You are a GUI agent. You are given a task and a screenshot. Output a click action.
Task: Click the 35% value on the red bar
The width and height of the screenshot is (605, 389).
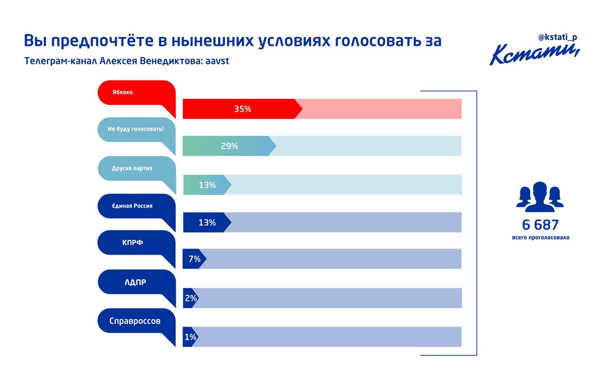click(242, 109)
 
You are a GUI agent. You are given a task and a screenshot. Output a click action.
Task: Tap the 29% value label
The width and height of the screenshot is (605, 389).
click(229, 146)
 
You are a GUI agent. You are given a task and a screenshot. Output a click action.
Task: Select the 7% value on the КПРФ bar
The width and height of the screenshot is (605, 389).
click(194, 259)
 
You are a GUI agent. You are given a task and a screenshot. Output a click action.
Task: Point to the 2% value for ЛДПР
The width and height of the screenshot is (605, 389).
click(190, 298)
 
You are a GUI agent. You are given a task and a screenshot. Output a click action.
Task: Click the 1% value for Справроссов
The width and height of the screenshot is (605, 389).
click(190, 337)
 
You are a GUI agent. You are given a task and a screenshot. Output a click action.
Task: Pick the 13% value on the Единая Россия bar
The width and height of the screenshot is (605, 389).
click(207, 222)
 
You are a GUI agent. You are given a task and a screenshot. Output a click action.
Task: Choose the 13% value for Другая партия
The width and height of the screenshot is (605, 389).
click(207, 185)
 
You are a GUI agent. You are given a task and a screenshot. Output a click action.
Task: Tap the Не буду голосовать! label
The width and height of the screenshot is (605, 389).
click(136, 129)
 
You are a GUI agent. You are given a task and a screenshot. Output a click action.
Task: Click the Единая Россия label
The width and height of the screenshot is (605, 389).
click(132, 206)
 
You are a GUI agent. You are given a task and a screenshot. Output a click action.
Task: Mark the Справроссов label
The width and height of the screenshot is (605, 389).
click(135, 321)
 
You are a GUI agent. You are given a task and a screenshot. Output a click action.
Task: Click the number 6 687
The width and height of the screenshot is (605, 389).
click(540, 225)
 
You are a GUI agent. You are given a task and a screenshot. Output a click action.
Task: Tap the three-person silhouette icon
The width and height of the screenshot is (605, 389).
click(540, 197)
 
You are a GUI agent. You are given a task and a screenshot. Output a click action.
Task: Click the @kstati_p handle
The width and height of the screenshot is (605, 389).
click(557, 37)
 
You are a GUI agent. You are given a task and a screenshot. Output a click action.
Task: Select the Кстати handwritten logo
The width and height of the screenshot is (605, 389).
click(534, 54)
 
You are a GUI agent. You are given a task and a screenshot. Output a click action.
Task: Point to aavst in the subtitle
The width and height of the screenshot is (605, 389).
click(217, 61)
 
